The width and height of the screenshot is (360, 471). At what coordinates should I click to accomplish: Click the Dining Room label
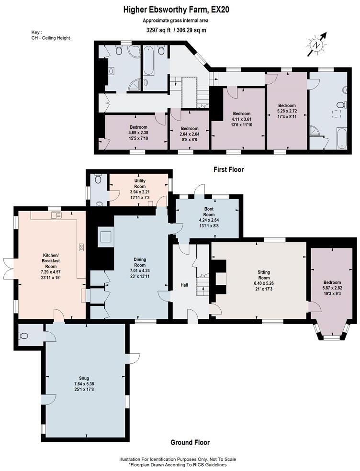[x=139, y=262]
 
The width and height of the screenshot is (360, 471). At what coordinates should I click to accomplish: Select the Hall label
[x=184, y=285]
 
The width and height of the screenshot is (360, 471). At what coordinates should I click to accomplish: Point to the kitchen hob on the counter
[x=81, y=247]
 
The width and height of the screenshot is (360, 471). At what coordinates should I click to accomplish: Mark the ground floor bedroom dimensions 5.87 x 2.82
[x=332, y=288]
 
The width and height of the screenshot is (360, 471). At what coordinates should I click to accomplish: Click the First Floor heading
[x=228, y=169]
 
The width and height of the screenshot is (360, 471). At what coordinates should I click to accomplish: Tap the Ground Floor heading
[x=190, y=442]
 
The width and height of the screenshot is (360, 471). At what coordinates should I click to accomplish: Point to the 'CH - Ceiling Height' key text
[x=51, y=38]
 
